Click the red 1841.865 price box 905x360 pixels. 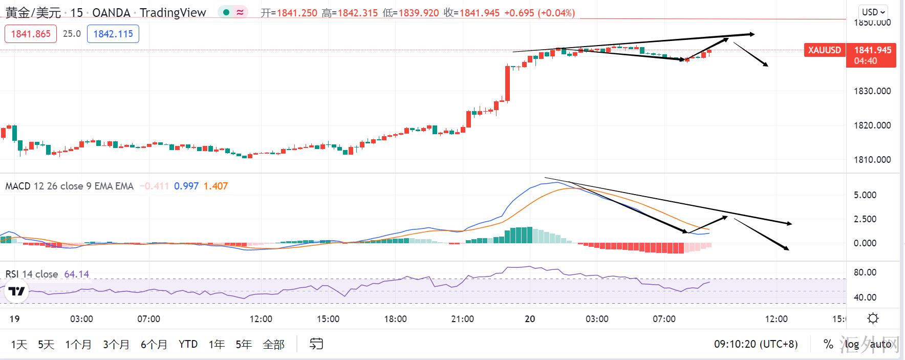click(x=31, y=34)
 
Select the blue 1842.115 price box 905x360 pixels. click(x=113, y=34)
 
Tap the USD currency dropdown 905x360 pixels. click(x=873, y=12)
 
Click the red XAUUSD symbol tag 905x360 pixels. click(x=824, y=50)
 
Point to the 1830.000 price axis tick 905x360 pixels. click(x=872, y=91)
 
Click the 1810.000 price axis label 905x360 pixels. click(x=872, y=160)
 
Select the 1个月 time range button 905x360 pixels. click(x=78, y=344)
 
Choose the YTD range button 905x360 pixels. click(x=188, y=344)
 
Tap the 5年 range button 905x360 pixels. click(x=244, y=344)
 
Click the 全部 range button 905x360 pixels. click(x=273, y=344)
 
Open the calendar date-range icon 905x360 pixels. click(x=316, y=344)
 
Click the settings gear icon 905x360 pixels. click(x=873, y=319)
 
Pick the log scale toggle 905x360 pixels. click(x=852, y=344)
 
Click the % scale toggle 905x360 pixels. click(x=828, y=344)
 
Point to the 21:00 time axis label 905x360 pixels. click(x=462, y=319)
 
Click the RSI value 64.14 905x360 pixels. click(x=76, y=274)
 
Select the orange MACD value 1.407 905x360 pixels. click(x=216, y=186)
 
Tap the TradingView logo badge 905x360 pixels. click(x=16, y=291)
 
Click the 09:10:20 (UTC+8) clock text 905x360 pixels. click(x=756, y=344)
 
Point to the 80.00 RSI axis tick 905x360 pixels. click(x=865, y=272)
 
